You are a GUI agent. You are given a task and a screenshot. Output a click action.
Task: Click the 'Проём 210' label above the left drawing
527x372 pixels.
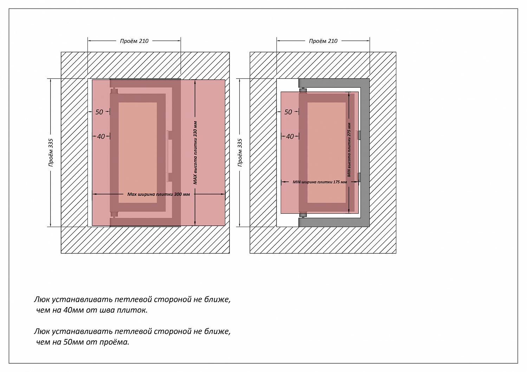pos(134,41)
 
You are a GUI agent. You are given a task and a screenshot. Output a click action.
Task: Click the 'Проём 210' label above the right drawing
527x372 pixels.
pos(323,41)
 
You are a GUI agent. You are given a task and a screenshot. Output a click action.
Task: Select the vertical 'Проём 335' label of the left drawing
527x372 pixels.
pos(51,152)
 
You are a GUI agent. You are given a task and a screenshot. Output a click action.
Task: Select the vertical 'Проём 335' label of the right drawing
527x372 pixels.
pos(240,152)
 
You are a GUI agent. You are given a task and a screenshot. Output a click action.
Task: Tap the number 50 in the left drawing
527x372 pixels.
pos(99,112)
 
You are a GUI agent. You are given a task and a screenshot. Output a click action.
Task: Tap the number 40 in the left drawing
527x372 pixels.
pos(101,137)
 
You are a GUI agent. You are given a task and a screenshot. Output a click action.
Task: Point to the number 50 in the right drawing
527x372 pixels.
pos(288,112)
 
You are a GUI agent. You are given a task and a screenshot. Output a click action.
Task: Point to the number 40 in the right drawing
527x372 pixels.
pos(290,137)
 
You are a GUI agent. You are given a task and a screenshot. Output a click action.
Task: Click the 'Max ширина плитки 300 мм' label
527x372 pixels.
pos(158,194)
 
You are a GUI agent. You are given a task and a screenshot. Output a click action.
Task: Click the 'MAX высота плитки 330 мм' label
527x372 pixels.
pos(195,153)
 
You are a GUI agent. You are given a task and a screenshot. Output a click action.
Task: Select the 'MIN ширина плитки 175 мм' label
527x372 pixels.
pos(320,182)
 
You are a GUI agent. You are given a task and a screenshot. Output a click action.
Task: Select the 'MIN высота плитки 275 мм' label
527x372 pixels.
pos(349,150)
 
